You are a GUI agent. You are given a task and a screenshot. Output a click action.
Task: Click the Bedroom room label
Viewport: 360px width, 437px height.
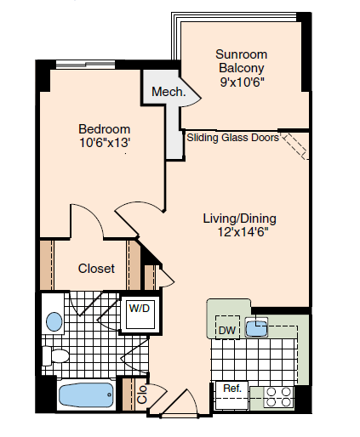(x=105, y=129)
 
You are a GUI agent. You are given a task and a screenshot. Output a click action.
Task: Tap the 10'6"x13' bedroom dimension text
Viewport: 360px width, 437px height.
(x=105, y=143)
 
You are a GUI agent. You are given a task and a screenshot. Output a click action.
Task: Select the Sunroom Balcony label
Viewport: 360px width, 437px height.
(x=242, y=61)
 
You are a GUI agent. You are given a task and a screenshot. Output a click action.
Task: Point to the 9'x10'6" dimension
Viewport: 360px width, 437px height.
(x=242, y=82)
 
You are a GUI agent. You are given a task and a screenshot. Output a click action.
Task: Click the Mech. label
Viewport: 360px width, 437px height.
(x=169, y=92)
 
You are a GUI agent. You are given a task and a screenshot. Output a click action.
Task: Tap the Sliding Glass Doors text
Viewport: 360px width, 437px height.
(x=233, y=138)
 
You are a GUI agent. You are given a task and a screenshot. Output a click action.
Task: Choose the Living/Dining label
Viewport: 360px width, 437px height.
(x=240, y=218)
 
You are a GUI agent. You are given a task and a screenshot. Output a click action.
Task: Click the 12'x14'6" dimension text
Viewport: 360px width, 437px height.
(x=243, y=232)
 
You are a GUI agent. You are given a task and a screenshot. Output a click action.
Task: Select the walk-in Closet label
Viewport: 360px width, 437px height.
(x=96, y=269)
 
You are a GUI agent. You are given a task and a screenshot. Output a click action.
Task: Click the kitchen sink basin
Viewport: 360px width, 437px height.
(x=256, y=328)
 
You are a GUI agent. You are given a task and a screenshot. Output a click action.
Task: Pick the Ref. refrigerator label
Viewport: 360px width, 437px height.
(x=232, y=388)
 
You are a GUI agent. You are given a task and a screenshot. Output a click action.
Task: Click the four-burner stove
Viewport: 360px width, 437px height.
(x=279, y=397)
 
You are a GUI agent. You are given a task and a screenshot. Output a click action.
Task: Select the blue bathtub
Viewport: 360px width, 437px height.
(x=86, y=394)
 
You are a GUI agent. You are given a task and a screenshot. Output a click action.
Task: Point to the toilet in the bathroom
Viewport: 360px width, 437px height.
(x=55, y=355)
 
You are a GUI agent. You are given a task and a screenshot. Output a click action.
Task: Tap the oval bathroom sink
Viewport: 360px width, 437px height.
(x=54, y=321)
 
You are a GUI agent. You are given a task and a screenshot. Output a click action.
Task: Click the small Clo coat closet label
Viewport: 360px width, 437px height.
(x=142, y=394)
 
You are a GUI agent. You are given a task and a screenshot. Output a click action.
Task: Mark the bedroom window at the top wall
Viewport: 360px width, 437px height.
(x=85, y=65)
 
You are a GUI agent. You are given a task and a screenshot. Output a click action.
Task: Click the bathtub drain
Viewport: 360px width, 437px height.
(x=109, y=394)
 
